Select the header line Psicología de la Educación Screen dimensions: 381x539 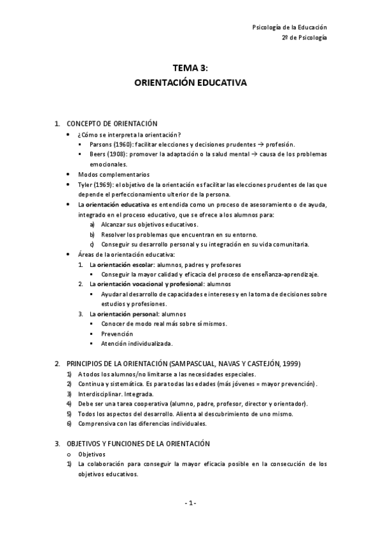(289, 27)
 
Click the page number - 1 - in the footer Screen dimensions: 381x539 (190, 503)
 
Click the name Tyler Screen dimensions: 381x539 (85, 184)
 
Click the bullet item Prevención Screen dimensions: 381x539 (117, 334)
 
